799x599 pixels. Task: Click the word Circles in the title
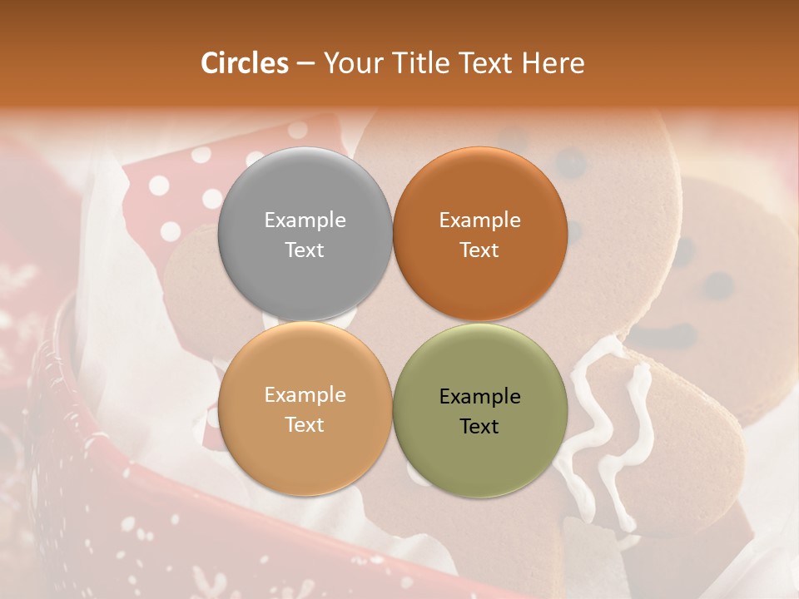245,63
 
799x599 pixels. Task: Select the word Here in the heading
553,63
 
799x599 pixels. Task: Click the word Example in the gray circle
305,220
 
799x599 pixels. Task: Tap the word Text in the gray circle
305,250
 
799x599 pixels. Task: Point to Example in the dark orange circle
479,220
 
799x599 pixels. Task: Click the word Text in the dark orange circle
479,250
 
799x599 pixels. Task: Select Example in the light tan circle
305,395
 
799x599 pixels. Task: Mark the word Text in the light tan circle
305,424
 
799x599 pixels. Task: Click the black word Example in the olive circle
479,397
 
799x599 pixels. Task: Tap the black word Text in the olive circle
479,426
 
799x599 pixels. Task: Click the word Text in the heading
484,63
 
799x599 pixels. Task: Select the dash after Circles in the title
305,64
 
